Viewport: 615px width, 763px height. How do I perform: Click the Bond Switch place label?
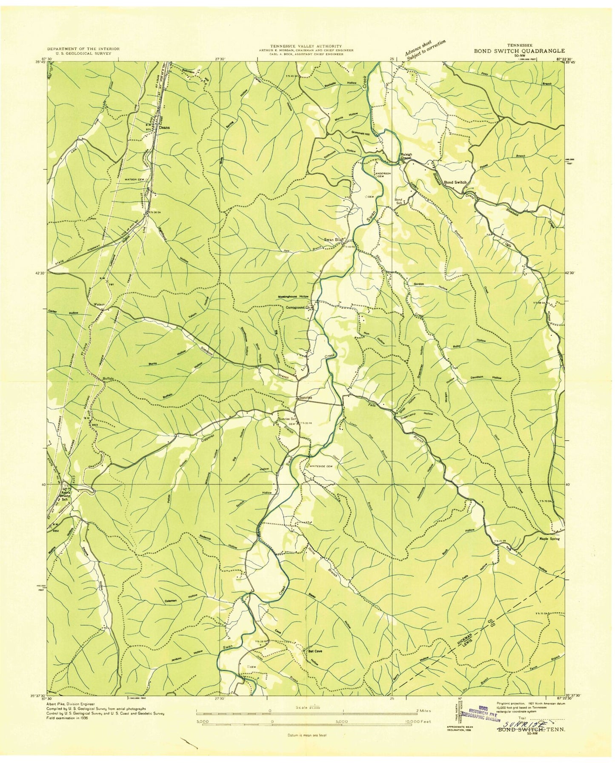click(x=455, y=182)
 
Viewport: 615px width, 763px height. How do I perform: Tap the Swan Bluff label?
click(x=335, y=239)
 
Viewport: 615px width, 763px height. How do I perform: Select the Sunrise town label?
click(x=304, y=397)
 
